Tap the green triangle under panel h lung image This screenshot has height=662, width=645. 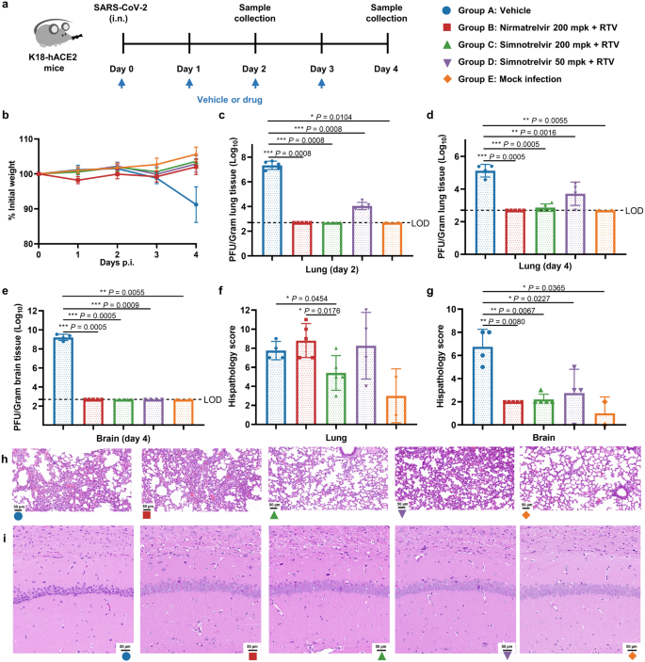click(x=275, y=517)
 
